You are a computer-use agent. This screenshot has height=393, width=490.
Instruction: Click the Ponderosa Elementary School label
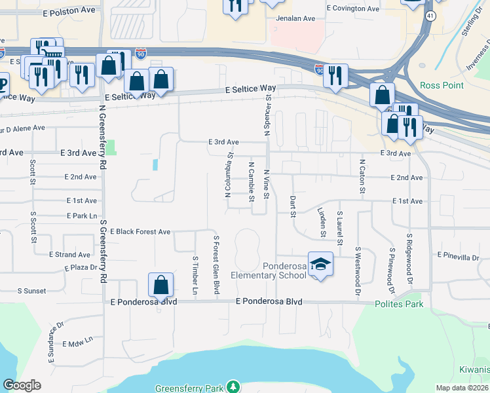click(x=284, y=271)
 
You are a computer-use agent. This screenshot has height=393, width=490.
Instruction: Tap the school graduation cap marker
click(x=320, y=265)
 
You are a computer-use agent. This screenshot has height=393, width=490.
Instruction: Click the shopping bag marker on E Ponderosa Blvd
click(x=160, y=285)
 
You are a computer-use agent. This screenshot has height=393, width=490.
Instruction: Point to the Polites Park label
click(x=399, y=304)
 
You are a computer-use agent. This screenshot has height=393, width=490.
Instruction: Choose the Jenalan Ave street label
click(x=295, y=19)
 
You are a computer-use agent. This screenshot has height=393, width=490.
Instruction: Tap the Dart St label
click(x=293, y=205)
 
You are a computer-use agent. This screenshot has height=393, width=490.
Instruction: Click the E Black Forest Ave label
click(x=140, y=232)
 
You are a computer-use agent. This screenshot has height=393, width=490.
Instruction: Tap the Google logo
click(x=22, y=385)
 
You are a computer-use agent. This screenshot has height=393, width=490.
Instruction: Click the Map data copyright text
click(x=462, y=388)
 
